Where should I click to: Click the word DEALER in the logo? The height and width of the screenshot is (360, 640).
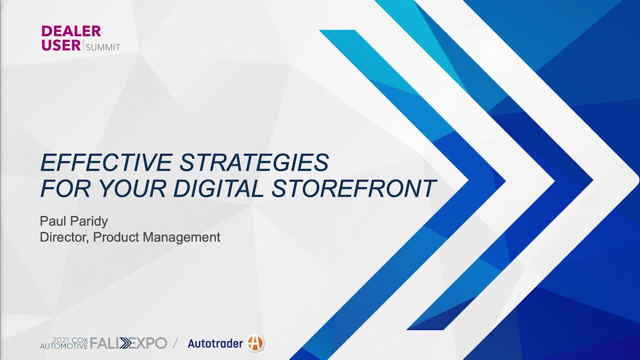71,31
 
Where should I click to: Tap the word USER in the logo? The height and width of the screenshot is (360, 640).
61,45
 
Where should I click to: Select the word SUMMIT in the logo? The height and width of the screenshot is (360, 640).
103,47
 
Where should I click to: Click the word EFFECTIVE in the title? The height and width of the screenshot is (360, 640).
106,162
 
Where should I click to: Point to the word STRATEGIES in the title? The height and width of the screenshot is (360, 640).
254,162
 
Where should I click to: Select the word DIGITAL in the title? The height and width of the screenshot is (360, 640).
218,188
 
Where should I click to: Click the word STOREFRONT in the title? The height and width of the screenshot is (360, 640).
353,188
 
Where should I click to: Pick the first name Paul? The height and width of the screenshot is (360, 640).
53,221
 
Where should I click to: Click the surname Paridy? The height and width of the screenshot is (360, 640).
89,221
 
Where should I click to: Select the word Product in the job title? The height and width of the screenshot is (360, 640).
116,237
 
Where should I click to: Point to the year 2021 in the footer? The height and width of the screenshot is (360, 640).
61,340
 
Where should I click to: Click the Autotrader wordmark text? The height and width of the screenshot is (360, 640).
215,343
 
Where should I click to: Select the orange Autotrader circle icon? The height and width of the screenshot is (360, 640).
255,342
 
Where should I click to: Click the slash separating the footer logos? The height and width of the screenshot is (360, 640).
175,343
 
